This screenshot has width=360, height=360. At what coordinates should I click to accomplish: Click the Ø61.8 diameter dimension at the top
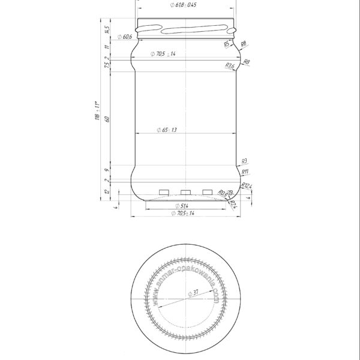click(183, 5)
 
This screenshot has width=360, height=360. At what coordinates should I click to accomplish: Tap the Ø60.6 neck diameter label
click(125, 37)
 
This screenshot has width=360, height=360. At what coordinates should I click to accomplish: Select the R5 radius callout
click(227, 44)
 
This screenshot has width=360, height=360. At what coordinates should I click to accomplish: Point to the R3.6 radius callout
click(230, 65)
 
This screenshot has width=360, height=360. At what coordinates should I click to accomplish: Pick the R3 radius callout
click(244, 161)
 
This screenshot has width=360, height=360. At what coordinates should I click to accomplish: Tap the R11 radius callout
click(245, 172)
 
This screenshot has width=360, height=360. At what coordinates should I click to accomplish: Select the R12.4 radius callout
click(247, 186)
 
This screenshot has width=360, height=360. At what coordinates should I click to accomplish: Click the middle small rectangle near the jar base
click(185, 192)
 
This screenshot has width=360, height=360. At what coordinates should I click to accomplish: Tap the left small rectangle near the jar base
click(163, 192)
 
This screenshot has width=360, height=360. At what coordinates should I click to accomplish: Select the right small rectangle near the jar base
click(208, 192)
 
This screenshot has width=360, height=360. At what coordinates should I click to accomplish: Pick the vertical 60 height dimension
click(107, 118)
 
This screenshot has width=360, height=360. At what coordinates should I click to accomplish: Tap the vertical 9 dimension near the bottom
click(107, 170)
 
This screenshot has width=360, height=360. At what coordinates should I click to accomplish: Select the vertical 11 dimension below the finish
click(107, 47)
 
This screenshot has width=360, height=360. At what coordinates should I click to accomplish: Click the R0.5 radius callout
click(223, 193)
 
